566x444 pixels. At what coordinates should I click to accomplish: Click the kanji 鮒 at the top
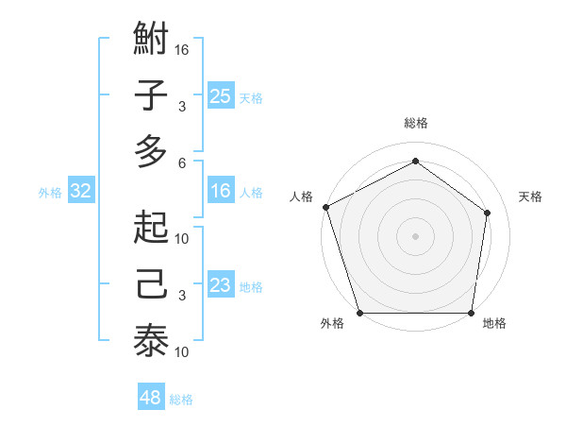151,41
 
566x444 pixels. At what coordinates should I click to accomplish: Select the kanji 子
151,97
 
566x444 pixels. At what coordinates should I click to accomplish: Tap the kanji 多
151,152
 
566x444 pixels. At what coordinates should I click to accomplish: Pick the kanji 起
151,228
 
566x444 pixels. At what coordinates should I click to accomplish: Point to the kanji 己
151,284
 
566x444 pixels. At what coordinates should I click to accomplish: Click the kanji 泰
151,341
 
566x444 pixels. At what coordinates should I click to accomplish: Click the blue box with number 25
220,95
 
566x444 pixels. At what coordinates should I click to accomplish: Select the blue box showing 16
220,191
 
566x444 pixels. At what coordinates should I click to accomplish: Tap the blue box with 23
220,285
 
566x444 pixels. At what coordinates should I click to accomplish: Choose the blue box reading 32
80,191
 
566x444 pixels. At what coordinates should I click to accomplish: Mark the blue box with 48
150,398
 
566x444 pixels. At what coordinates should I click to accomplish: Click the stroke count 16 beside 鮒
183,49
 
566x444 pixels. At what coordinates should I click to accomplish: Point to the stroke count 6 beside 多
182,162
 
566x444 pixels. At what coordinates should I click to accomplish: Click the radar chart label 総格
415,123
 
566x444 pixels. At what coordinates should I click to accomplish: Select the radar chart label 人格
302,196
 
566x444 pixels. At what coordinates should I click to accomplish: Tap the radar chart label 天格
530,196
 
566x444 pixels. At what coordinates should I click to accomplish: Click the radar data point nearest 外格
359,313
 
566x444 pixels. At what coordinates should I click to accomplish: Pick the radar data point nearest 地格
471,313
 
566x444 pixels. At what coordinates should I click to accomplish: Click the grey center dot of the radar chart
415,235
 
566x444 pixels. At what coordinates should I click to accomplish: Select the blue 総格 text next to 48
181,400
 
